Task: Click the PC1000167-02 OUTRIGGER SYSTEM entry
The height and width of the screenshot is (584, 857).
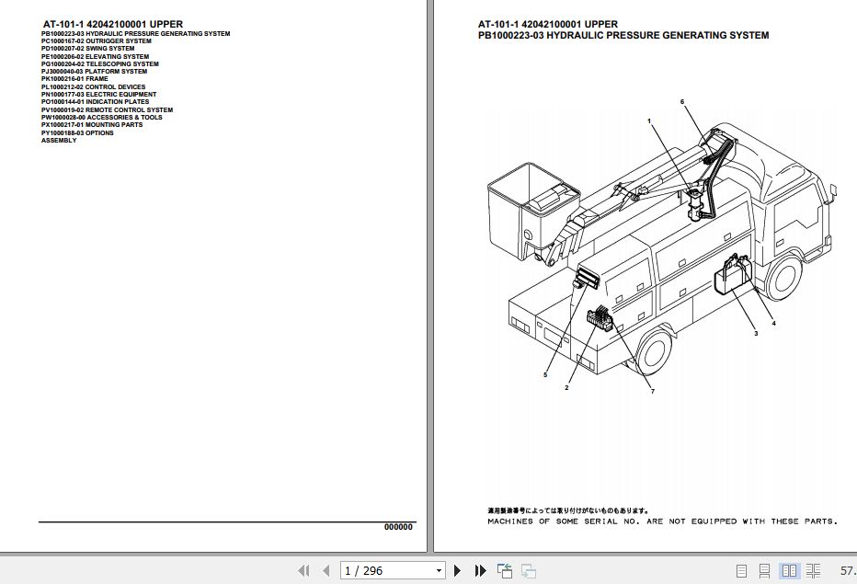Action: point(97,41)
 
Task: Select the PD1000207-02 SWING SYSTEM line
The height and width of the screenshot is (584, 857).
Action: point(87,49)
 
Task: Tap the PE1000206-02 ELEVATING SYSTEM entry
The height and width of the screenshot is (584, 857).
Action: point(95,57)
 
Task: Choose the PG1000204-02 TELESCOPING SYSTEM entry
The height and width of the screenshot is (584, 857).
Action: point(99,64)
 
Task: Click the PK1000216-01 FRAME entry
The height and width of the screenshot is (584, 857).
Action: point(74,79)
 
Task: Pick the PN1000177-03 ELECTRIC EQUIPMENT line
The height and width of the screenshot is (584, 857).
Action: point(98,95)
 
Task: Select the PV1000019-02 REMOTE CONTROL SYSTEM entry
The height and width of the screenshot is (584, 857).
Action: point(107,110)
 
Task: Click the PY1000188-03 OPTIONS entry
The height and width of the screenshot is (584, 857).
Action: point(77,133)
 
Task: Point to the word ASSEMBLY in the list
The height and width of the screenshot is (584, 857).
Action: point(59,141)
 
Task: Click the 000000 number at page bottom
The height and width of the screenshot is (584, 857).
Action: point(398,527)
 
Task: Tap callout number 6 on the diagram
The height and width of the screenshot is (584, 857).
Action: point(682,101)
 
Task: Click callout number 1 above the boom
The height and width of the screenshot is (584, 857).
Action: point(648,121)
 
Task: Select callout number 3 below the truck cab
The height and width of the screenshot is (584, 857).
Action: point(756,333)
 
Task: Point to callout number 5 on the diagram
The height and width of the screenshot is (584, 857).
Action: point(544,374)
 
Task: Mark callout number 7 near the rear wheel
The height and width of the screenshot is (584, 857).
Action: point(652,392)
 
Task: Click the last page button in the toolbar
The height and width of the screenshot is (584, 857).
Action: point(480,571)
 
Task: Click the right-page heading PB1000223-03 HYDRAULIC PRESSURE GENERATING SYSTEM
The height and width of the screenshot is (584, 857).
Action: point(623,36)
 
